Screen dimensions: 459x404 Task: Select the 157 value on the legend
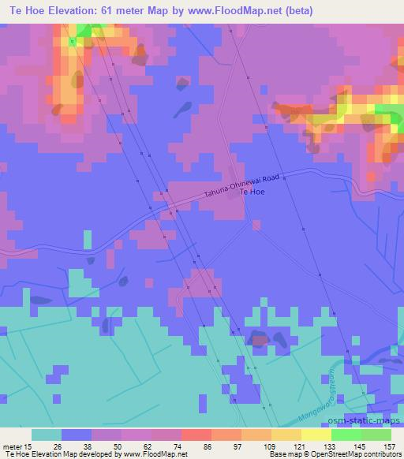click(390, 446)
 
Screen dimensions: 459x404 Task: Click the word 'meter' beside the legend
click(12, 446)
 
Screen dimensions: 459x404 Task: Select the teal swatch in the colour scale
click(47, 435)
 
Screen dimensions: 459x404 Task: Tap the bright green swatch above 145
click(346, 435)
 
